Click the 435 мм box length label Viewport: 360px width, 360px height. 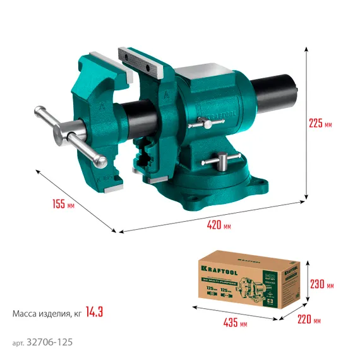pos(234,324)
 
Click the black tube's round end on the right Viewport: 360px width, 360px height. pos(291,92)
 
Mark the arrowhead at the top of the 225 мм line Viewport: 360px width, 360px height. pos(308,49)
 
